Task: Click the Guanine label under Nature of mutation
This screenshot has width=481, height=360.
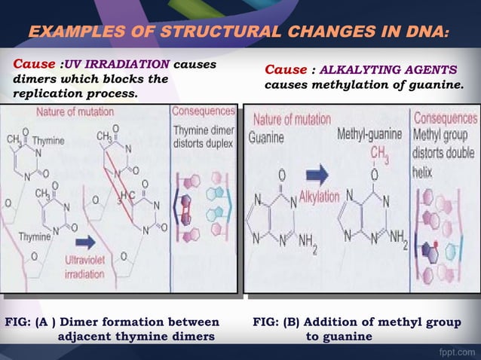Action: pyautogui.click(x=266, y=138)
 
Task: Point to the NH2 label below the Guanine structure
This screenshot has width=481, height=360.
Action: pyautogui.click(x=307, y=240)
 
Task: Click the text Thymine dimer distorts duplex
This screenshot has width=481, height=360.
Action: pyautogui.click(x=203, y=136)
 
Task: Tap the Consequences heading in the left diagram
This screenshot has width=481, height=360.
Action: pyautogui.click(x=203, y=111)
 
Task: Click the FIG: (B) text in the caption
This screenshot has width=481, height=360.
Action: pyautogui.click(x=276, y=322)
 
